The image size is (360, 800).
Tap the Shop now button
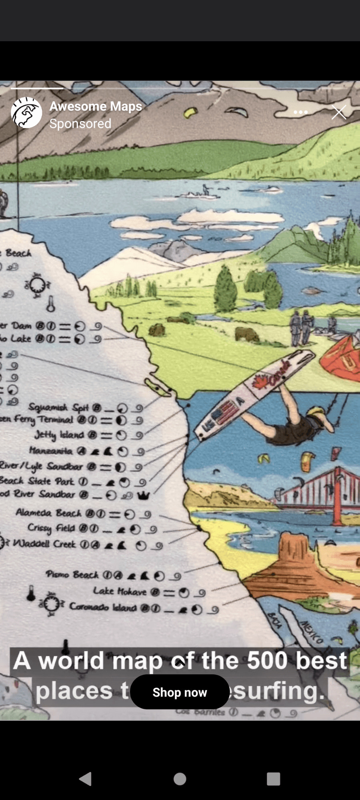[x=180, y=692]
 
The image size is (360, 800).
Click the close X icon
[x=339, y=112]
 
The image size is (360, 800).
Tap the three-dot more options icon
[x=300, y=112]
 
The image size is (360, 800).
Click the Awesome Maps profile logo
[x=26, y=112]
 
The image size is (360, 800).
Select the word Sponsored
[x=80, y=124]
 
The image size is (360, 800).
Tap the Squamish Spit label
[x=58, y=407]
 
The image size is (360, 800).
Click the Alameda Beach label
[x=48, y=513]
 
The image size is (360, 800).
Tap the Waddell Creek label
[x=44, y=544]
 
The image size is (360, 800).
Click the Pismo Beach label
[x=72, y=575]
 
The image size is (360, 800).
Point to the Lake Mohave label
[x=120, y=591]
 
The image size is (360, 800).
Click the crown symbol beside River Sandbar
[x=144, y=496]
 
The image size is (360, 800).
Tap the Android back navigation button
[x=86, y=779]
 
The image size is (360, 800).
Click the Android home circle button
[x=180, y=779]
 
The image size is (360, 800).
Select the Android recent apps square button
[x=273, y=779]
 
